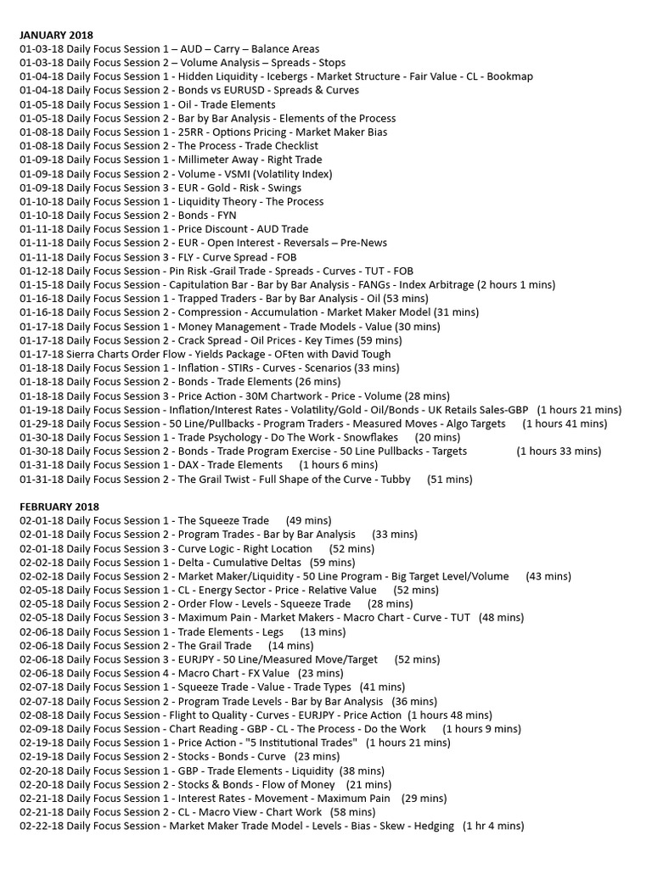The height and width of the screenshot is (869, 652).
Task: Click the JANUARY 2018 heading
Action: click(58, 35)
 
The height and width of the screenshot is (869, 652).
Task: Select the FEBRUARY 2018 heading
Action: click(59, 507)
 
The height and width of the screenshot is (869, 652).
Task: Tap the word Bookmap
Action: click(509, 76)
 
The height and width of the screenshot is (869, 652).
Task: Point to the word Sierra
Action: click(83, 354)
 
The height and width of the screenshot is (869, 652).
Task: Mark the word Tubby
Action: click(395, 479)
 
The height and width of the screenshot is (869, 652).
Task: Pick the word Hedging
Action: click(434, 826)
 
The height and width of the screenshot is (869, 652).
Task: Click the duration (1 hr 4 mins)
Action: click(493, 826)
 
